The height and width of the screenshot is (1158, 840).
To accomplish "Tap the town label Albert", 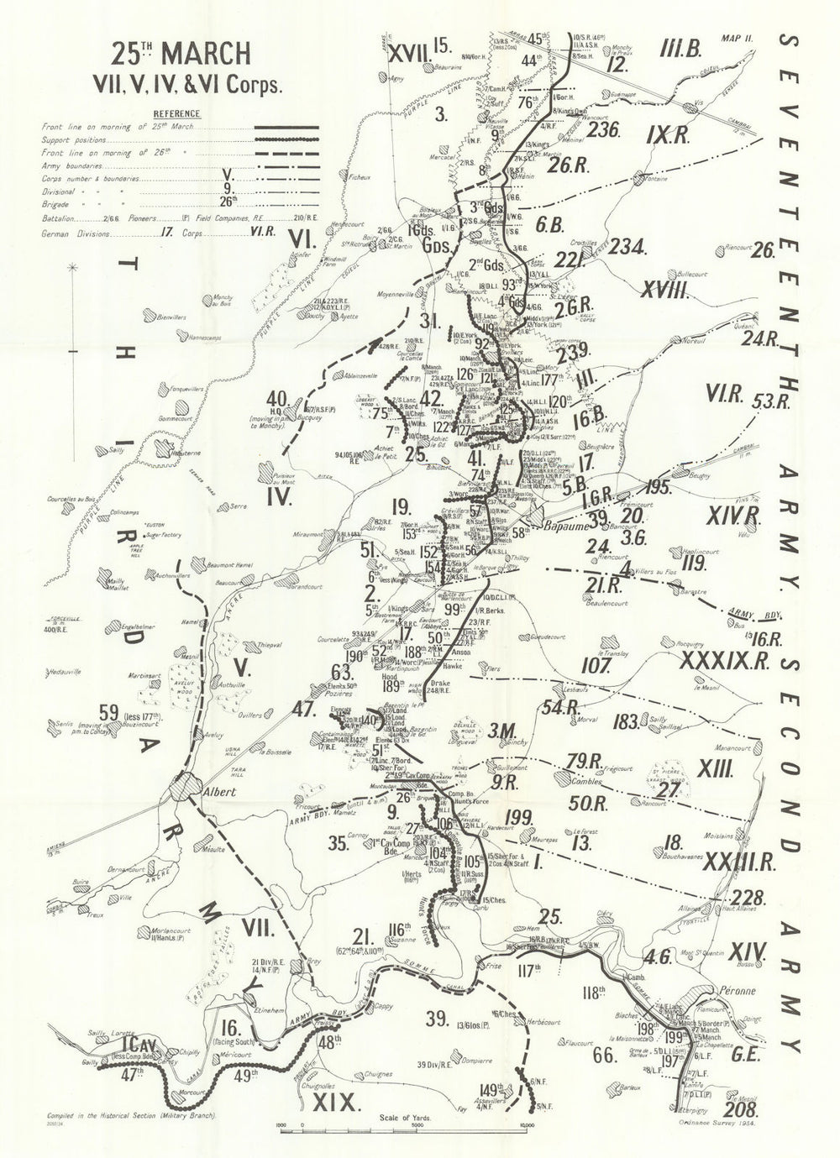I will click(x=217, y=791).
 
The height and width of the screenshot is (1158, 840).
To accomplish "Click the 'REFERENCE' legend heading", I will click(x=176, y=113).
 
